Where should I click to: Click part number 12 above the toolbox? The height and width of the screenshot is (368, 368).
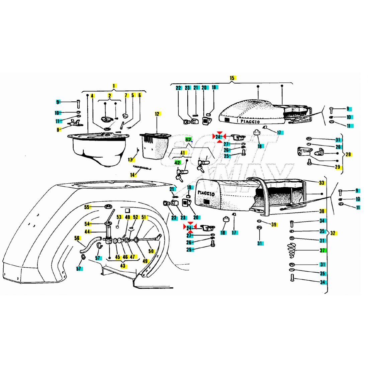(157, 114)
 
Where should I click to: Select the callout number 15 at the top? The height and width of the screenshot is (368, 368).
(232, 78)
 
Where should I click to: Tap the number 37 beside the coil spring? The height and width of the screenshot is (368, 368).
(322, 250)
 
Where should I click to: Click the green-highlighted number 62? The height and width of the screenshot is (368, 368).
(188, 139)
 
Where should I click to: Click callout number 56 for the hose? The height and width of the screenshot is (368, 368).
(77, 238)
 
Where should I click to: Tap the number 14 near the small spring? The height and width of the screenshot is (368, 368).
(133, 175)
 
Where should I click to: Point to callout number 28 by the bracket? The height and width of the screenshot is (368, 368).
(348, 154)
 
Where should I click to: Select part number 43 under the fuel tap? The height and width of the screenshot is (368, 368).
(123, 266)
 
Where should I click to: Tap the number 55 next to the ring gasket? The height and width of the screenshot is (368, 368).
(87, 207)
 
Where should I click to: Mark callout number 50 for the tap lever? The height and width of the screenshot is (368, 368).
(151, 251)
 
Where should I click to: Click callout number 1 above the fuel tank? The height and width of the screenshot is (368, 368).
(114, 86)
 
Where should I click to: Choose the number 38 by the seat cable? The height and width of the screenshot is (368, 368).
(321, 211)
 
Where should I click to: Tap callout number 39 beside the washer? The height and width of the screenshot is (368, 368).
(274, 224)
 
